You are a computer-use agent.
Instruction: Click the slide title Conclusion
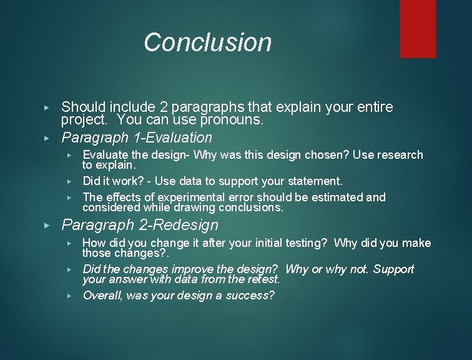(207, 42)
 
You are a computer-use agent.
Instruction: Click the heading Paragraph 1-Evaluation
(137, 137)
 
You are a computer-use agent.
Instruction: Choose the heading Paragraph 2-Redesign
(140, 224)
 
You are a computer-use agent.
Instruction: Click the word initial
(265, 243)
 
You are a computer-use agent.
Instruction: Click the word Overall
(102, 295)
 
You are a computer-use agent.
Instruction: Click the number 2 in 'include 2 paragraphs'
(149, 107)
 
